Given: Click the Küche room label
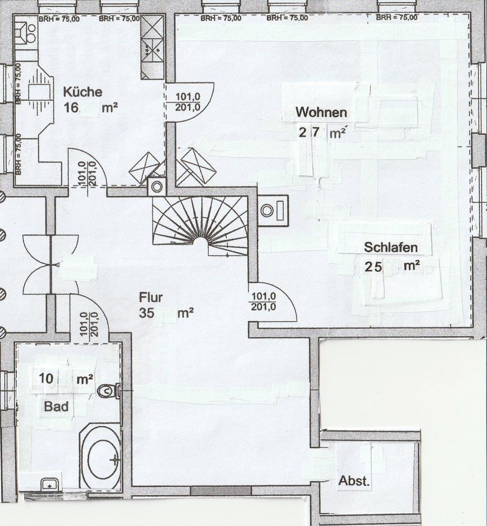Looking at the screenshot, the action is click(x=82, y=92).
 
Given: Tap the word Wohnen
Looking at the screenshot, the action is click(x=321, y=112).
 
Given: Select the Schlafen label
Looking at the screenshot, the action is click(x=390, y=247).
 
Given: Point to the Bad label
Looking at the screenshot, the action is click(x=56, y=407).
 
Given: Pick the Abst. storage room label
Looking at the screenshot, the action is click(x=354, y=482).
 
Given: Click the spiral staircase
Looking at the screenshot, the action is click(x=200, y=225).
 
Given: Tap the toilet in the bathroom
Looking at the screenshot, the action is click(x=109, y=391).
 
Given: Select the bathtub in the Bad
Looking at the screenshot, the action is click(x=100, y=456).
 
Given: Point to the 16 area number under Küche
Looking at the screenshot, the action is click(x=71, y=107).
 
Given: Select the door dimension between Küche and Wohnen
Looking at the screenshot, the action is click(x=188, y=101).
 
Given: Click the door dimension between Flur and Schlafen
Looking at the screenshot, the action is click(x=263, y=301).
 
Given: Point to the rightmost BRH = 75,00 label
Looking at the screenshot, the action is click(x=396, y=18).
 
